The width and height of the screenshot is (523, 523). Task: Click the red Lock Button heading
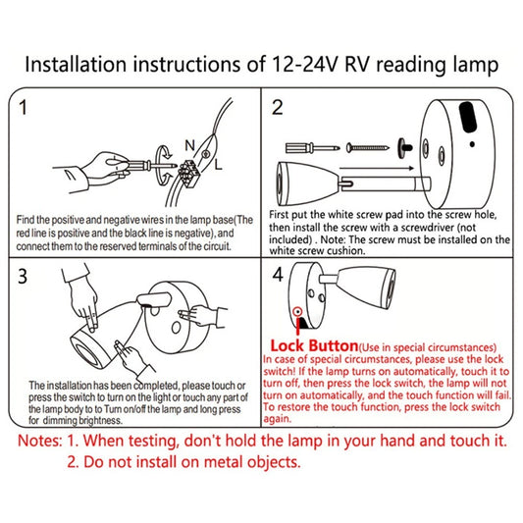coord(312,346)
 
